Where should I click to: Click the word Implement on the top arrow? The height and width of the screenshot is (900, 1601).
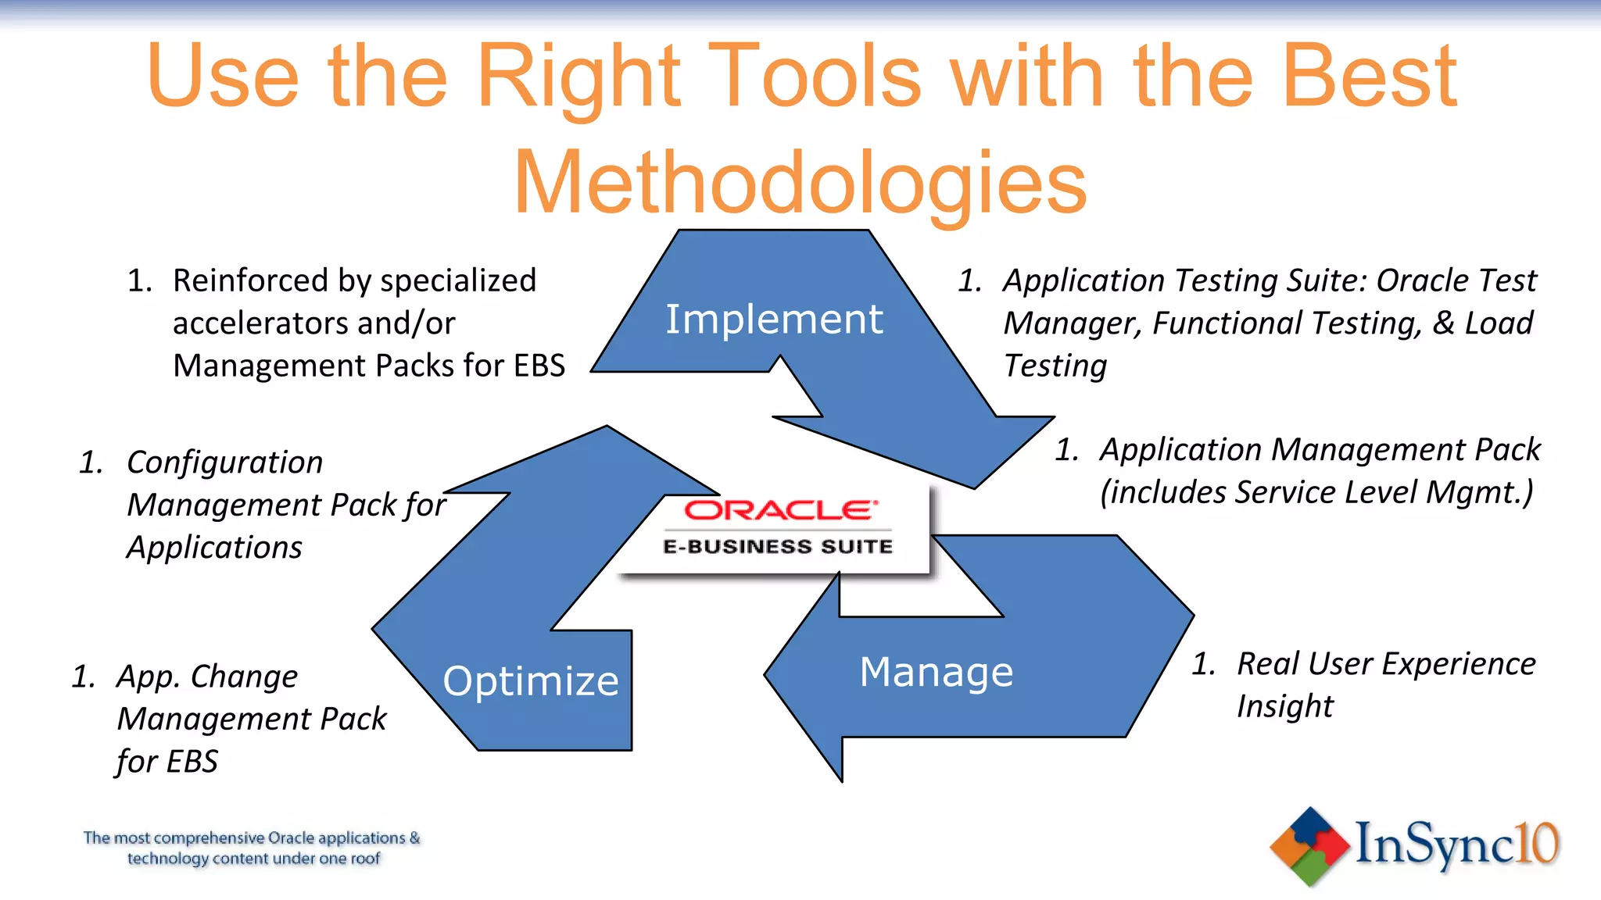click(x=773, y=320)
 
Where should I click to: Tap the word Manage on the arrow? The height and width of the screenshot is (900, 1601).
click(x=936, y=673)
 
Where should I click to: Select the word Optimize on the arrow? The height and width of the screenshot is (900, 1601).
click(x=530, y=681)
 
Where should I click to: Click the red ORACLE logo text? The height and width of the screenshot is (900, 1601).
click(x=779, y=511)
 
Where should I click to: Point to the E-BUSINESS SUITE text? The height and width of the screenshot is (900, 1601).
click(x=777, y=547)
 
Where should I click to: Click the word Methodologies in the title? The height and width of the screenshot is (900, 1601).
click(x=799, y=183)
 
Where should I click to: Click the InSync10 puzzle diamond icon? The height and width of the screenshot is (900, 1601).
click(x=1309, y=847)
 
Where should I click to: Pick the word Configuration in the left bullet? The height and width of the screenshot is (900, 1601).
click(x=224, y=462)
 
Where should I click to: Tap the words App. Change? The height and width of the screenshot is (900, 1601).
click(x=207, y=677)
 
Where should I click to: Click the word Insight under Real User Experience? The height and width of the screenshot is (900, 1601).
click(x=1284, y=707)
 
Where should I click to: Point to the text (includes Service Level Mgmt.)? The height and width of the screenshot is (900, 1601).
click(x=1316, y=493)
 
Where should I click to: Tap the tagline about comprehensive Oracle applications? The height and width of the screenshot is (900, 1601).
click(x=252, y=848)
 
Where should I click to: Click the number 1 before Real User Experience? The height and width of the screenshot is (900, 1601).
click(x=1203, y=665)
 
